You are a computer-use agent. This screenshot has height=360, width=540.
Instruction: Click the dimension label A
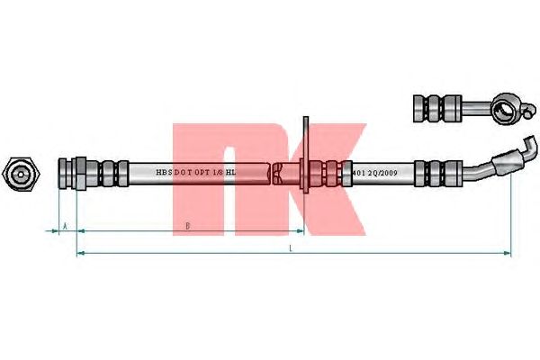tap(65, 225)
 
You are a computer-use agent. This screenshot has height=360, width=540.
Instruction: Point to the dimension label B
tap(186, 225)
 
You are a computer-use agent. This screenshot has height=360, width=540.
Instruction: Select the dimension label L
tap(292, 248)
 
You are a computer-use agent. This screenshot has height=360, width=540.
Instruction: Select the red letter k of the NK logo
tap(323, 171)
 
